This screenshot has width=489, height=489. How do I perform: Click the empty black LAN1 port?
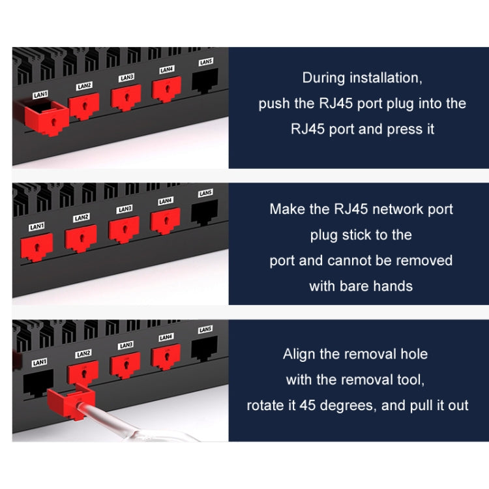point(38,382)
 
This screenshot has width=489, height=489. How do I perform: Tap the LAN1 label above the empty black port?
point(38,362)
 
